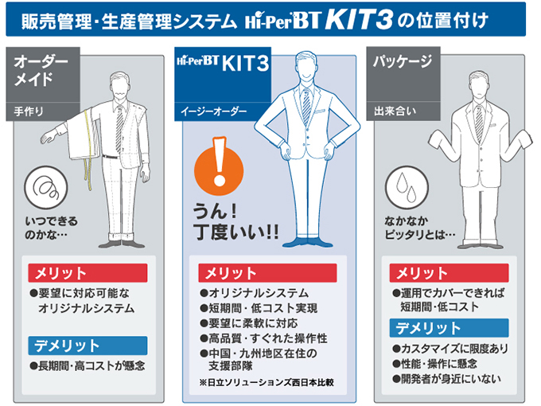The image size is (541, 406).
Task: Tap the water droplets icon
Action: tap(407, 187)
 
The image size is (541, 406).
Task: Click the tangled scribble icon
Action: tap(46, 187)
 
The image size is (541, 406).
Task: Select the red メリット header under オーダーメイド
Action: tap(88, 273)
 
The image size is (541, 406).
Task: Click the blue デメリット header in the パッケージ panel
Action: tap(449, 328)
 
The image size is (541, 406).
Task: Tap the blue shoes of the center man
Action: tap(308, 242)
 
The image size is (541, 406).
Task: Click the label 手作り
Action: tap(29, 111)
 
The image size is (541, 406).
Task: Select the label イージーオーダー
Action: tap(214, 111)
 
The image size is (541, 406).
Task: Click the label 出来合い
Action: tap(395, 111)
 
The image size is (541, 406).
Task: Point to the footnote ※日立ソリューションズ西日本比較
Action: tap(267, 383)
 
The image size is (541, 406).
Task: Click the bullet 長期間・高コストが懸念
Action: tap(88, 365)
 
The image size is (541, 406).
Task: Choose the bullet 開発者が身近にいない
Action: tap(447, 379)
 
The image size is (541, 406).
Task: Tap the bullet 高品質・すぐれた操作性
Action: tap(263, 338)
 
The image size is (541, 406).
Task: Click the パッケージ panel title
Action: tap(403, 62)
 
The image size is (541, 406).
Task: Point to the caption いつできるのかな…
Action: tap(51, 228)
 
